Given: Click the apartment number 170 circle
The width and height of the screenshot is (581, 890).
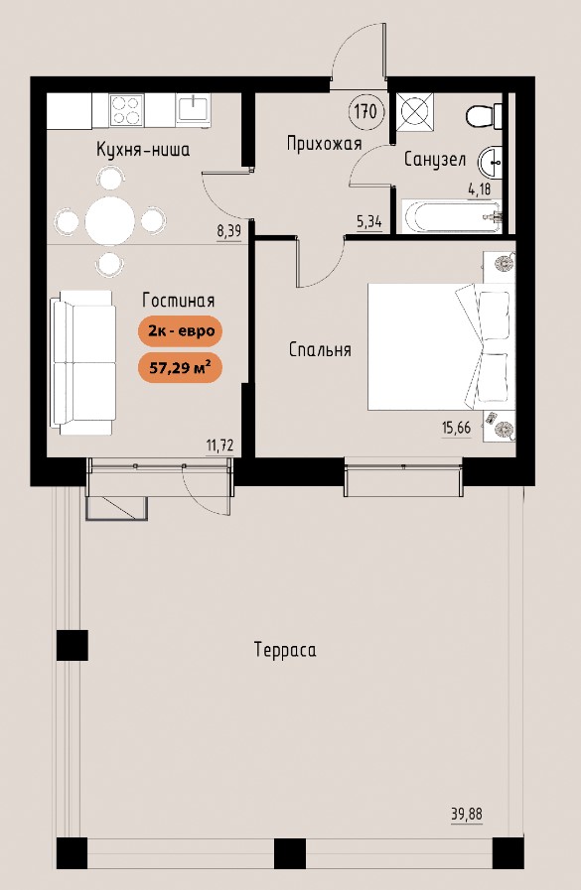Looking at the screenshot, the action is point(365,111).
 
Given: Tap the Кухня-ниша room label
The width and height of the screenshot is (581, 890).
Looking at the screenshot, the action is point(143,150).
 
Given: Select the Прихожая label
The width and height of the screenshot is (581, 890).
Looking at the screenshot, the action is point(324,144).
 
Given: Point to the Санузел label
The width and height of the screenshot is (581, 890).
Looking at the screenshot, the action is point(434,160).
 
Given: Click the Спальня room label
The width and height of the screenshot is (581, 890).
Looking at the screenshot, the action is point(320,349).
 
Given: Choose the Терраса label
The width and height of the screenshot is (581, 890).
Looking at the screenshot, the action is point(285,649).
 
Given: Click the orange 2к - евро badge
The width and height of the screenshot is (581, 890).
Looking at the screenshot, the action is point(180,331).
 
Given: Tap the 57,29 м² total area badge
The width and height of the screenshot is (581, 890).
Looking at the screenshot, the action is point(180,368).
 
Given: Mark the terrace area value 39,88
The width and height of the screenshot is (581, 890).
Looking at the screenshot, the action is point(467,815).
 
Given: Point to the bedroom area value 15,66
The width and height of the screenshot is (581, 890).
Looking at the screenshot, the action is point(457,428).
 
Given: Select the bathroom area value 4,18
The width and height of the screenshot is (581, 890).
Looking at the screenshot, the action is point(479,189).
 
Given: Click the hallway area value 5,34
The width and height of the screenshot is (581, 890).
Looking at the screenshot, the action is point(369,221).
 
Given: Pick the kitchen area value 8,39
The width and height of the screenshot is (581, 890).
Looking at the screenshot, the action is point(228,231).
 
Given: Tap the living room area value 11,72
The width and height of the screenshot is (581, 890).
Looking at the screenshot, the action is point(219,445).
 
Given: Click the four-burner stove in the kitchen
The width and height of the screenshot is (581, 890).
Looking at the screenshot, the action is point(125,109).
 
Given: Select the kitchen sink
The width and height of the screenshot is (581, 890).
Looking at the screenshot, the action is point(193,108).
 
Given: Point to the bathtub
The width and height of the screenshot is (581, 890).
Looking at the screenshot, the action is point(452,216).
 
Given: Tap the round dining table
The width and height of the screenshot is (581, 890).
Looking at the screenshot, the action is point(110,220).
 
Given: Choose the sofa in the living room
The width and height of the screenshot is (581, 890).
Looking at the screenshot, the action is point(82,363).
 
